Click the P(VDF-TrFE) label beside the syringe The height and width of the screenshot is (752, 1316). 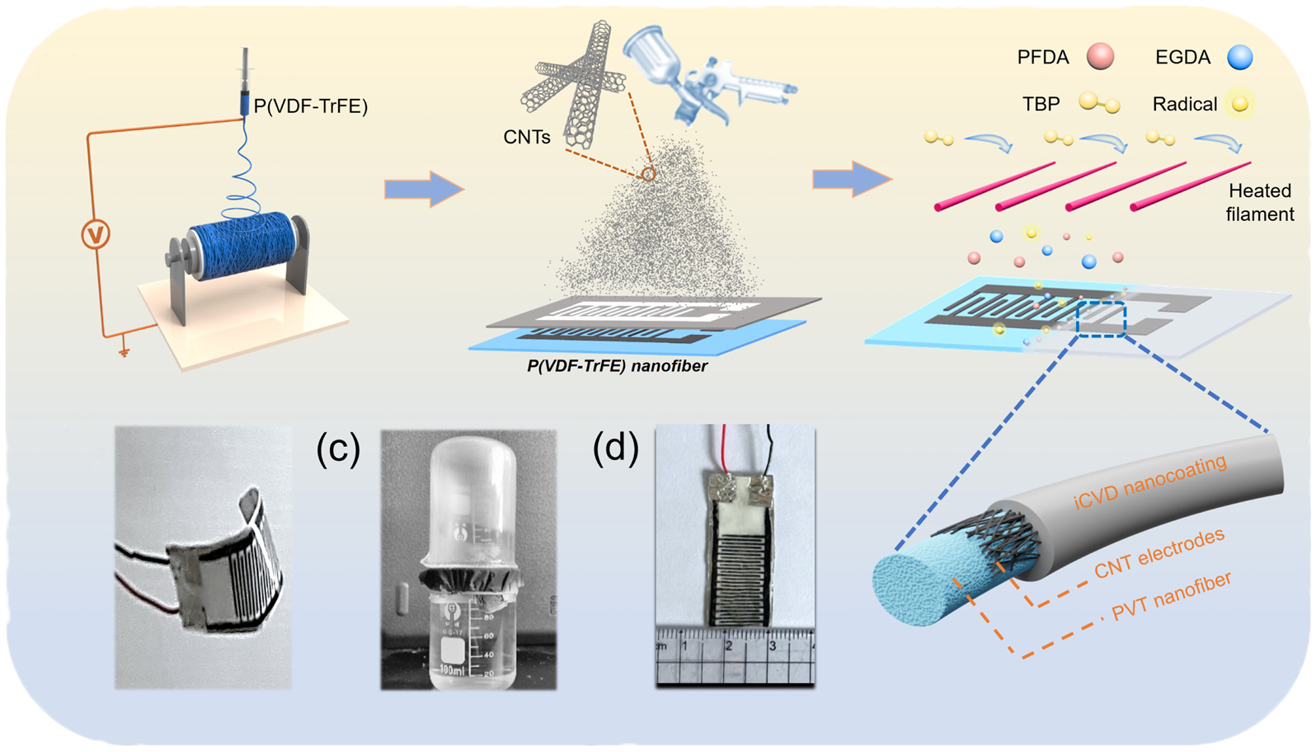(311, 106)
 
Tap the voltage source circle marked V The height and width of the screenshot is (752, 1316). (96, 234)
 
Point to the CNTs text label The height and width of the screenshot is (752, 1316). (527, 137)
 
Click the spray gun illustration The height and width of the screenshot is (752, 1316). (705, 73)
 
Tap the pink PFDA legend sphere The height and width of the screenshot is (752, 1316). (1100, 57)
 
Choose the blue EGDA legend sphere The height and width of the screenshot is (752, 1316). (1239, 58)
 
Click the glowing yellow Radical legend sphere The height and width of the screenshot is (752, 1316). (1239, 104)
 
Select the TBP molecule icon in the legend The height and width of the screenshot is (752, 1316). (1099, 103)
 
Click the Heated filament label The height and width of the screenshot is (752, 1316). (1260, 202)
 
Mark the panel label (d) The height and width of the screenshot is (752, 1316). (616, 448)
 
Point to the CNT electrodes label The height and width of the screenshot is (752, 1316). (1159, 553)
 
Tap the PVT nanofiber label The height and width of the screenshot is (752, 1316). (1172, 595)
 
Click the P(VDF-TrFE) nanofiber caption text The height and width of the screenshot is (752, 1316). (617, 366)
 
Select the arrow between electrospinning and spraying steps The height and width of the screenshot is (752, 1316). (424, 189)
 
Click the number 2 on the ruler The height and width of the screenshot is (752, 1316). (729, 646)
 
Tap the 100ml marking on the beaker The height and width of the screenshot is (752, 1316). (453, 670)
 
